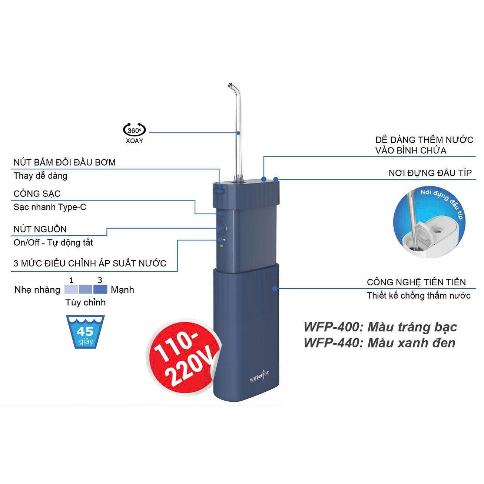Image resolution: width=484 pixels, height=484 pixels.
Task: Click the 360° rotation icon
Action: tap(135, 130)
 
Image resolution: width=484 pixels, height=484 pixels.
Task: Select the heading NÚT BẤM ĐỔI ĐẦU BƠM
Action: tap(64, 162)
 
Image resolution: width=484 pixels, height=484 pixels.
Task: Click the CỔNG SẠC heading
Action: tap(37, 194)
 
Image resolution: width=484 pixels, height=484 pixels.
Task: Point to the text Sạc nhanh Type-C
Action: tap(50, 207)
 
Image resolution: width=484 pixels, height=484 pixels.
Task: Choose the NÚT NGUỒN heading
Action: tap(40, 229)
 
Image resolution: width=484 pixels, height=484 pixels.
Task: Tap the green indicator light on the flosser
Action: tap(221, 246)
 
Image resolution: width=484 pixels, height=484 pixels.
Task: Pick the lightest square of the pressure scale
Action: tap(71, 289)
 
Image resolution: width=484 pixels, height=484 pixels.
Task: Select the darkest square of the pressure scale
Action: tap(100, 289)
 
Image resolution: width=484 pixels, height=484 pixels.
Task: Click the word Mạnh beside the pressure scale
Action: tap(122, 290)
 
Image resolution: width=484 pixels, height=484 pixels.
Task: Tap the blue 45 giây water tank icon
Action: tap(85, 332)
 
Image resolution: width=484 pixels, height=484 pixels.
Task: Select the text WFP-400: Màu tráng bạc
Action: tap(380, 327)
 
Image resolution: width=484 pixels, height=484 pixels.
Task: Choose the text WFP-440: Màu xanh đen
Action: tap(379, 343)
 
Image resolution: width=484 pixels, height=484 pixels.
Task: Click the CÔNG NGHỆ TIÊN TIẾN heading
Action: tap(416, 282)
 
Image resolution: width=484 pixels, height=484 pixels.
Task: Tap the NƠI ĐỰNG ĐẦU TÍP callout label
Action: tap(430, 173)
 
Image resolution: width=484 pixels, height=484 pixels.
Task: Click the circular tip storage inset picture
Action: tap(429, 222)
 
